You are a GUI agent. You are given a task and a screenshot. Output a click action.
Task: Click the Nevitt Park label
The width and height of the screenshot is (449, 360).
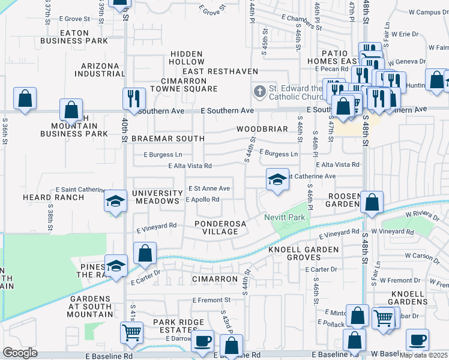coord(285,217)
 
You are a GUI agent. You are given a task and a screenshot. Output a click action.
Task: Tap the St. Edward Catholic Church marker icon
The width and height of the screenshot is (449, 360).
coord(259,92)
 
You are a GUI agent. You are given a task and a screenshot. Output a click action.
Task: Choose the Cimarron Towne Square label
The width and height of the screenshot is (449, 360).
coord(189,85)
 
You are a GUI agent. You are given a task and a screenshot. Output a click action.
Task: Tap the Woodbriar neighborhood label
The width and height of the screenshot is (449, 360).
coord(259,129)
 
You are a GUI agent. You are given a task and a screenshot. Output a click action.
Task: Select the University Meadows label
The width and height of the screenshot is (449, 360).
coord(157,197)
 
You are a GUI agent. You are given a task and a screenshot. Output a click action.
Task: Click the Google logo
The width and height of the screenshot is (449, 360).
coord(20,353)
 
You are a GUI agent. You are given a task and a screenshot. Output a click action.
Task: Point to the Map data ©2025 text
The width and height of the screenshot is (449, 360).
coord(424,355)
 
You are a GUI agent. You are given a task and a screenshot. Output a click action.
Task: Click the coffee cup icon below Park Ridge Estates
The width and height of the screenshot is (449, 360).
coord(202,341)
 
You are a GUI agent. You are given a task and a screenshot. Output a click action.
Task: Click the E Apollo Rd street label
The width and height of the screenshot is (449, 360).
coord(202,199)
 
